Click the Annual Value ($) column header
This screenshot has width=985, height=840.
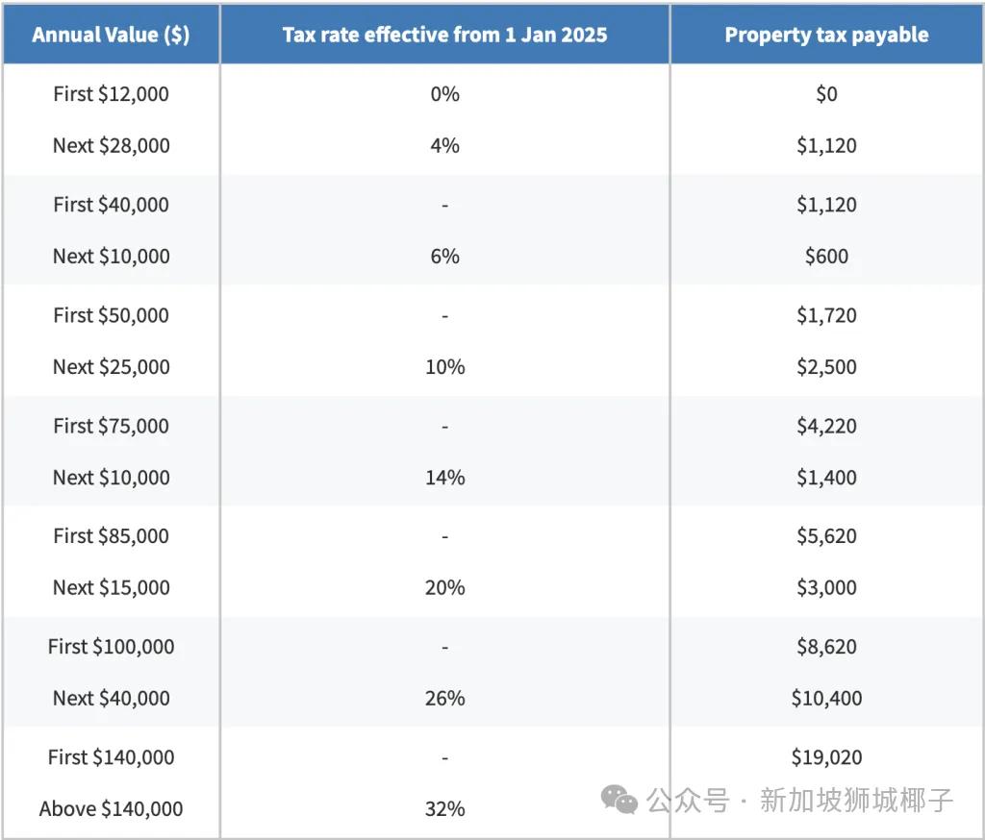point(111,35)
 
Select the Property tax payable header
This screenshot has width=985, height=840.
point(826,35)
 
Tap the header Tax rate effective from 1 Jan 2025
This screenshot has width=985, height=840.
point(444,35)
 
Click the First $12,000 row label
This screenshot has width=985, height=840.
point(111,94)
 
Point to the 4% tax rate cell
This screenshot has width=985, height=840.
point(444,146)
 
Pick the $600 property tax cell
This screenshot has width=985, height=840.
point(826,257)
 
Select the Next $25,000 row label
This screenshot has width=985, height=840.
point(111,367)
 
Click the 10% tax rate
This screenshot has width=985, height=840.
point(444,367)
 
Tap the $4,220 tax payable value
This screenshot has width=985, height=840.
point(826,426)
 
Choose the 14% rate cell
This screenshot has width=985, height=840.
point(444,478)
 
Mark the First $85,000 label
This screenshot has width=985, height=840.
point(111,536)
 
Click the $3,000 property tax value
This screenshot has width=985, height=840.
point(826,588)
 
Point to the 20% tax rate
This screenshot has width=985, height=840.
point(444,588)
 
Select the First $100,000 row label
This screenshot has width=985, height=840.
point(111,647)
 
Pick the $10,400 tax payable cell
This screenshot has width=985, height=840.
point(826,699)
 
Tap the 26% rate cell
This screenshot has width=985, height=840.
point(444,699)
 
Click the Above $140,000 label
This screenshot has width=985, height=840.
point(111,809)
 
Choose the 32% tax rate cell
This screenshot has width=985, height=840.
point(444,809)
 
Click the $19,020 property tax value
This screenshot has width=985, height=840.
point(826,757)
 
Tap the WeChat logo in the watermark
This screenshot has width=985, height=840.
point(619,800)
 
